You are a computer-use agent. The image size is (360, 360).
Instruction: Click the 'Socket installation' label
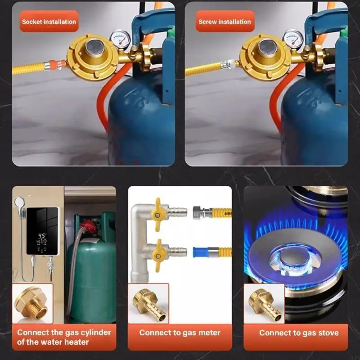(49, 22)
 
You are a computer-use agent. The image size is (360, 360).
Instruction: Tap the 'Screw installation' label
(225, 22)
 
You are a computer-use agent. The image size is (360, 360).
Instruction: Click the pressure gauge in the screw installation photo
(294, 39)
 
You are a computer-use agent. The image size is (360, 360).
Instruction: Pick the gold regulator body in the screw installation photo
(265, 56)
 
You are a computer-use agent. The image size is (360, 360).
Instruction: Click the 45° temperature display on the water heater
(41, 235)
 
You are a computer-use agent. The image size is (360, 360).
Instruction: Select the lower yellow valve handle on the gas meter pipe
(158, 252)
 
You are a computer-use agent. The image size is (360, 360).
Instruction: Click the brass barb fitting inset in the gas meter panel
(148, 303)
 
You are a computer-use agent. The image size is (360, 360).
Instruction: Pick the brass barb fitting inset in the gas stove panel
(265, 303)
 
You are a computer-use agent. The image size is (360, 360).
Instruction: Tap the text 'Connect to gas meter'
(180, 333)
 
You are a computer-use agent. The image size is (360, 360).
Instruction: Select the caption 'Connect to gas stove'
(299, 333)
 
